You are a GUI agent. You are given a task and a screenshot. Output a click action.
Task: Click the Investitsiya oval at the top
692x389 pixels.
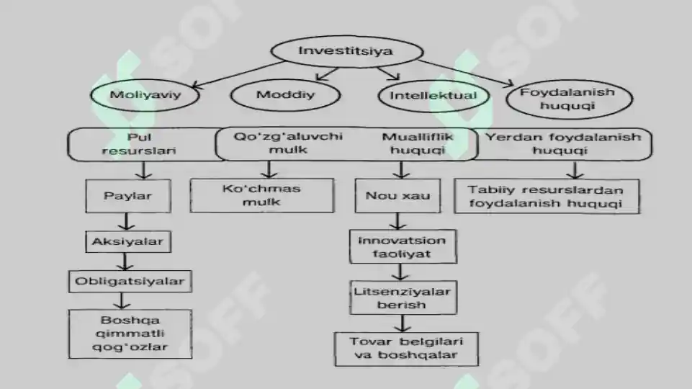pos(347,51)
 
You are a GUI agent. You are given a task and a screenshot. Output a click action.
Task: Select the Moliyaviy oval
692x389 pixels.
pos(145,95)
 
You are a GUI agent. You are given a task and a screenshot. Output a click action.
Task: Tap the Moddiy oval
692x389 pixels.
pos(286,95)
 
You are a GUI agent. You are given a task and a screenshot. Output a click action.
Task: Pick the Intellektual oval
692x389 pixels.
pos(433,95)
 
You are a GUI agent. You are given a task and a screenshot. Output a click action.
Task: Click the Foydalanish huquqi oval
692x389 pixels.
pos(570,99)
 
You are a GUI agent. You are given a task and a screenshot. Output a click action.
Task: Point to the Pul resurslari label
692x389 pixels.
pos(138,144)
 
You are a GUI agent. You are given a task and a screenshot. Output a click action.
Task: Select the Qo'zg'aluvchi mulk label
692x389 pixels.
pos(288,143)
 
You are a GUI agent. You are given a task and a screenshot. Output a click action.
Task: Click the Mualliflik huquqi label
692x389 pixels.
pos(418,143)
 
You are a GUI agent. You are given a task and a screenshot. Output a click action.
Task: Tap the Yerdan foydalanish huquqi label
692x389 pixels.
pos(562,143)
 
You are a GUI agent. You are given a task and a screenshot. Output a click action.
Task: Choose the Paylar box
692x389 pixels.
pos(128,196)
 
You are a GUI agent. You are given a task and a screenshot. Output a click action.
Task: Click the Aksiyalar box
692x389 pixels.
pos(128,242)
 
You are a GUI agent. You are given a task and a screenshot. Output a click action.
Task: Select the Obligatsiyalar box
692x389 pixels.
pos(130,282)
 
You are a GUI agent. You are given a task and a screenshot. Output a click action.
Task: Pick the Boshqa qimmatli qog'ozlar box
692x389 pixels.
pos(130,334)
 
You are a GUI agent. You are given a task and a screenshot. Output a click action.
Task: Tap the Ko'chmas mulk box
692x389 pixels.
pos(262,196)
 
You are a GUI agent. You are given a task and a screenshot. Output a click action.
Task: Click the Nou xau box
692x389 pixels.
pos(397,196)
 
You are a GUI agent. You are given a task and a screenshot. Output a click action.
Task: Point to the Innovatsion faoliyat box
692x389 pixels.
pos(403,247)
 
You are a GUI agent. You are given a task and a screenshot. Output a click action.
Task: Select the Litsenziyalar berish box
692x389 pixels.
pos(403,298)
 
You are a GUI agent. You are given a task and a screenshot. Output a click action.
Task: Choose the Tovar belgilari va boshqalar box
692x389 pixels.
pos(406,349)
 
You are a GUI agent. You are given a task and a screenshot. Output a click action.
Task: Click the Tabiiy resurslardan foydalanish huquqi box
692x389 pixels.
pos(547,197)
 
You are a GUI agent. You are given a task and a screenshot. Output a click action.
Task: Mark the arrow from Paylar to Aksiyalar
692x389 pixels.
pos(127,222)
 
